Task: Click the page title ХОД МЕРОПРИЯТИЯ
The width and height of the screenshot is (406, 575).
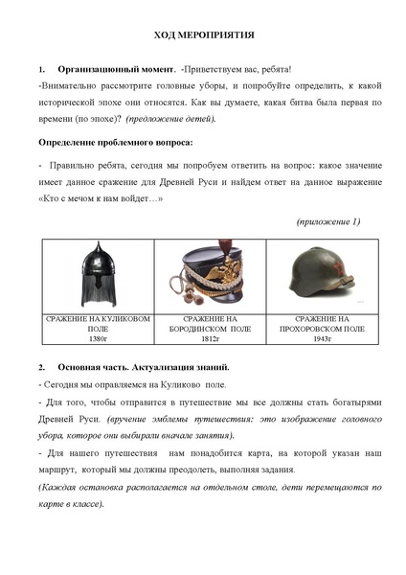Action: point(204,35)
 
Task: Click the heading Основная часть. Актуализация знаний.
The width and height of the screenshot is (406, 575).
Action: point(141,367)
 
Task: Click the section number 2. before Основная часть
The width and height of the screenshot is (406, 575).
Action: point(42,367)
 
